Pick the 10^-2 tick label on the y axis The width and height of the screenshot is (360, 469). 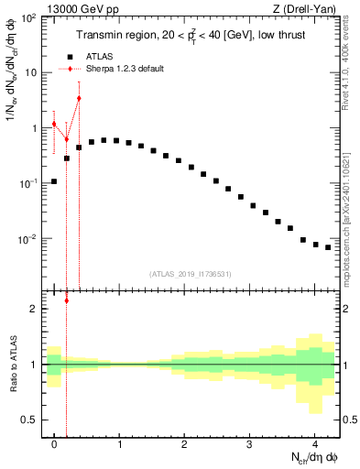tap(29, 240)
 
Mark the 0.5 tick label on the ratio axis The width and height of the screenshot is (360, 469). tap(30, 420)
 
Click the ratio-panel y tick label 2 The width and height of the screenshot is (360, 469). tap(35, 309)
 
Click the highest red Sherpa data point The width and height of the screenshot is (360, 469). tap(79, 98)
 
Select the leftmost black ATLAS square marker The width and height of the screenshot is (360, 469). tap(54, 181)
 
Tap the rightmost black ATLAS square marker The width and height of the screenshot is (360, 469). tap(327, 247)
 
